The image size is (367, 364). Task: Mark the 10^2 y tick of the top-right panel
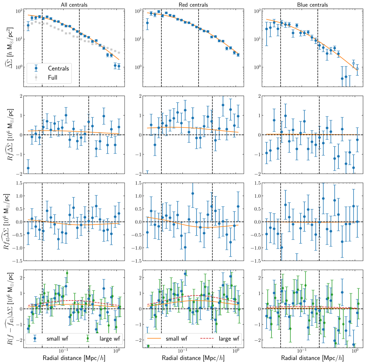point(258,11)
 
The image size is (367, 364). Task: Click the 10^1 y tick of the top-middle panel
point(139,39)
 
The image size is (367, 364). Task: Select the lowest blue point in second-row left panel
point(28,168)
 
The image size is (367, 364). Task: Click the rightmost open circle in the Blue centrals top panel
point(357,69)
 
